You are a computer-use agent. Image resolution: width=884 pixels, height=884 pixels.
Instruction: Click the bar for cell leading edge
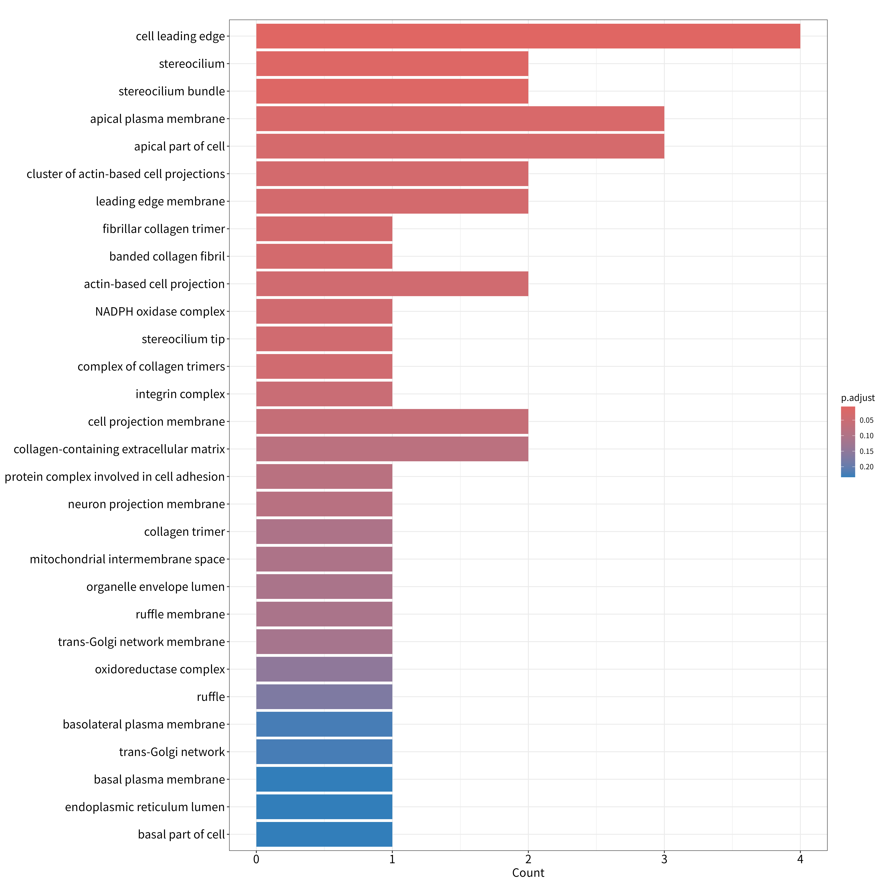point(528,36)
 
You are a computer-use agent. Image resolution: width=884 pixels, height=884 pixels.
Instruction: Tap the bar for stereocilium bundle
point(392,91)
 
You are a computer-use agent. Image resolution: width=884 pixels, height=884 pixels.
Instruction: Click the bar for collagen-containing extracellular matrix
point(392,449)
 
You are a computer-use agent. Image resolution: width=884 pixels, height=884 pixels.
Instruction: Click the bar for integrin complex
point(324,394)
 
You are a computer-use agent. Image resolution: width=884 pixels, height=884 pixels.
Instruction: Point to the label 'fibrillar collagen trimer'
point(164,229)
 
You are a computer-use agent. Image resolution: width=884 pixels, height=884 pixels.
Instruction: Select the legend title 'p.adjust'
point(857,398)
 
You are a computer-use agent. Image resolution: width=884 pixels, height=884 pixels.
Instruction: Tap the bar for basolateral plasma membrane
point(324,724)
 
